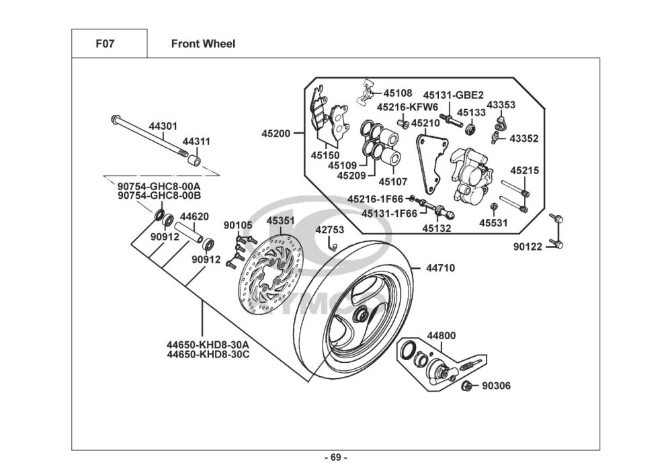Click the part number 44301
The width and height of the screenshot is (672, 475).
(163, 126)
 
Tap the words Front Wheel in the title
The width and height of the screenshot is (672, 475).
(203, 44)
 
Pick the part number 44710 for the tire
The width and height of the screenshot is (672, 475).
(440, 268)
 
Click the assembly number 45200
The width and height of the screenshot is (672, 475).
(276, 134)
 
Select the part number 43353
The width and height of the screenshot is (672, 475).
(501, 105)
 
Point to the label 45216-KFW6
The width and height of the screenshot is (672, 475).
(407, 107)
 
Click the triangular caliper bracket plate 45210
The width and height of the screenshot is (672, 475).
(427, 161)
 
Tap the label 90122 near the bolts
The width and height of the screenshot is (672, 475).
(528, 247)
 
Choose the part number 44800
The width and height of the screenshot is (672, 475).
(442, 335)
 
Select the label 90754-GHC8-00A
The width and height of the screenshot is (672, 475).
(159, 186)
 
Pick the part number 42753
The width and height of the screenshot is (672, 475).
(330, 230)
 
